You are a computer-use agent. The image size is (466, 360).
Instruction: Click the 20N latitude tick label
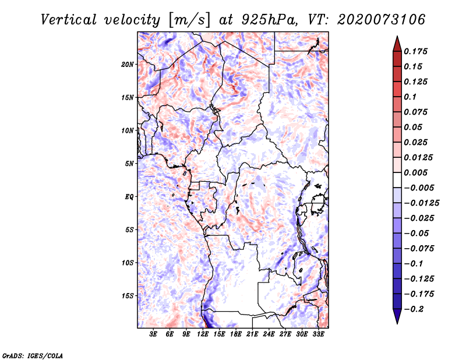coord(128,64)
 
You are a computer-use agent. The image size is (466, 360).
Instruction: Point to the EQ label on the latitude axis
coord(129,197)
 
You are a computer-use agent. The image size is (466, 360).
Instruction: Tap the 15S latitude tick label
coord(128,296)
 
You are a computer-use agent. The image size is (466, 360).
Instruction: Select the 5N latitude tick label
coord(129,164)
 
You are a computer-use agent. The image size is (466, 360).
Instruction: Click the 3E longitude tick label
coord(154,335)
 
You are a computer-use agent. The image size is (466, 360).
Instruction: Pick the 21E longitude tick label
coord(252,335)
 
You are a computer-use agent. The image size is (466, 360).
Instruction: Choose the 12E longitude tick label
coord(203,335)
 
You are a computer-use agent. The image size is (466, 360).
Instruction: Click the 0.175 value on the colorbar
coord(417,52)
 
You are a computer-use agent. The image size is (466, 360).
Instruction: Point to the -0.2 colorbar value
coord(416,309)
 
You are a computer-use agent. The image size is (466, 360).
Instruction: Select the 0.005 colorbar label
coord(417,173)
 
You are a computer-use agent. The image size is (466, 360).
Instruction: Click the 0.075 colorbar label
coord(417,112)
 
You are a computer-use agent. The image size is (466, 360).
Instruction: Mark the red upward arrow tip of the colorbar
coord(396,40)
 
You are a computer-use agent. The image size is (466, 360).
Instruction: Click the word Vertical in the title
coord(69,19)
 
